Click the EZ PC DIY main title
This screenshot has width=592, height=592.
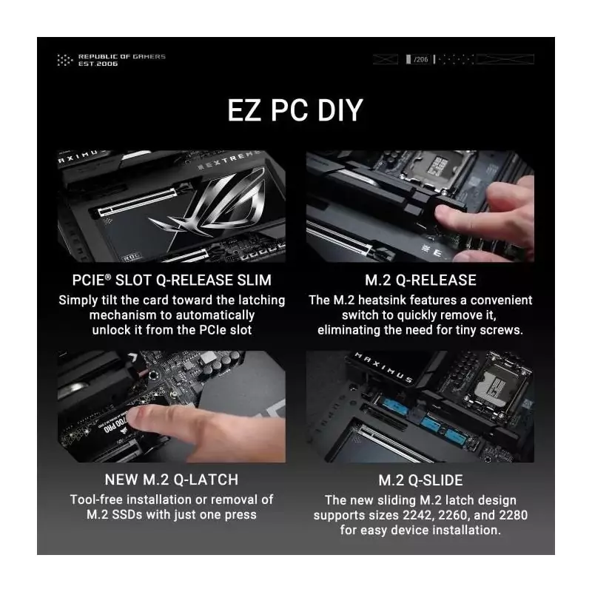295,110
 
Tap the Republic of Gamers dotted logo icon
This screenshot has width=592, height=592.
64,60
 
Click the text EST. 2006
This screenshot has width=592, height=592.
98,64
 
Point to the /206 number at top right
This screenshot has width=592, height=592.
420,59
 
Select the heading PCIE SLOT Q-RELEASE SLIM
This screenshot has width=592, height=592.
172,280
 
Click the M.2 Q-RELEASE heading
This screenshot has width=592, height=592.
420,280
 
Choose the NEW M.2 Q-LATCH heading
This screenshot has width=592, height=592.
172,480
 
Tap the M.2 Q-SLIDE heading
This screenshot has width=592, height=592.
420,480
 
